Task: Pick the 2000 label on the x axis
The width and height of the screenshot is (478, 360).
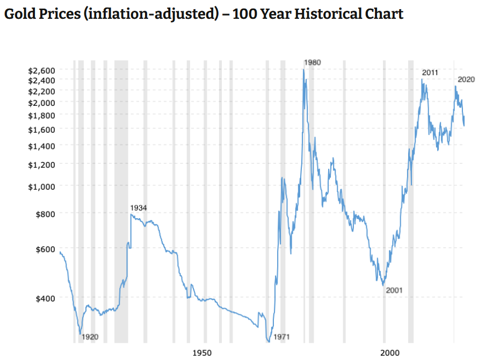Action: [390, 352]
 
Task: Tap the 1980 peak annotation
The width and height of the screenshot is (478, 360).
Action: [312, 62]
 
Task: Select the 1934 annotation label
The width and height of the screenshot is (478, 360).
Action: [139, 208]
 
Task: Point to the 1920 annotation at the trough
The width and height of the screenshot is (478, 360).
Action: [90, 337]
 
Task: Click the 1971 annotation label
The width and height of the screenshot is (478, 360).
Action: [281, 337]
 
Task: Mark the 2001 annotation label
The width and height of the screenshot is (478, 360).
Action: [394, 291]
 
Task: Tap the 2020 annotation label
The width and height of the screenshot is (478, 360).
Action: [466, 80]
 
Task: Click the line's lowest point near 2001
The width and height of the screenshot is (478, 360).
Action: [383, 285]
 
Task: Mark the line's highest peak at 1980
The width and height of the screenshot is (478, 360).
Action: [304, 69]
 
